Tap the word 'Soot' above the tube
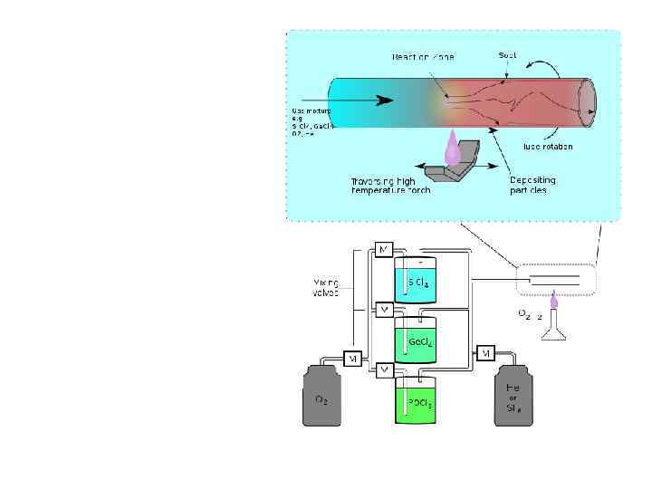(508, 55)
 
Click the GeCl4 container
(416, 341)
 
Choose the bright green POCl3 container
(416, 400)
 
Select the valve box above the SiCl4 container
(384, 249)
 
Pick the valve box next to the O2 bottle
(353, 359)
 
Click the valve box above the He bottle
(485, 351)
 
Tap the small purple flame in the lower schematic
(553, 314)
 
